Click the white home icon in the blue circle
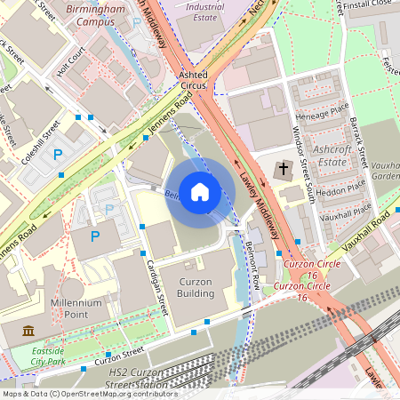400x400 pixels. pyautogui.click(x=200, y=191)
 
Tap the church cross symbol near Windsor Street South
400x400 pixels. pyautogui.click(x=284, y=169)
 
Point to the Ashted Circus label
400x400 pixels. pyautogui.click(x=194, y=81)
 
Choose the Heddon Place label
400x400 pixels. pyautogui.click(x=342, y=187)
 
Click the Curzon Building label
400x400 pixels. pyautogui.click(x=196, y=287)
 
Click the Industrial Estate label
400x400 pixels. pyautogui.click(x=204, y=11)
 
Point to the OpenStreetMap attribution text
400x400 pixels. pyautogui.click(x=89, y=394)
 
